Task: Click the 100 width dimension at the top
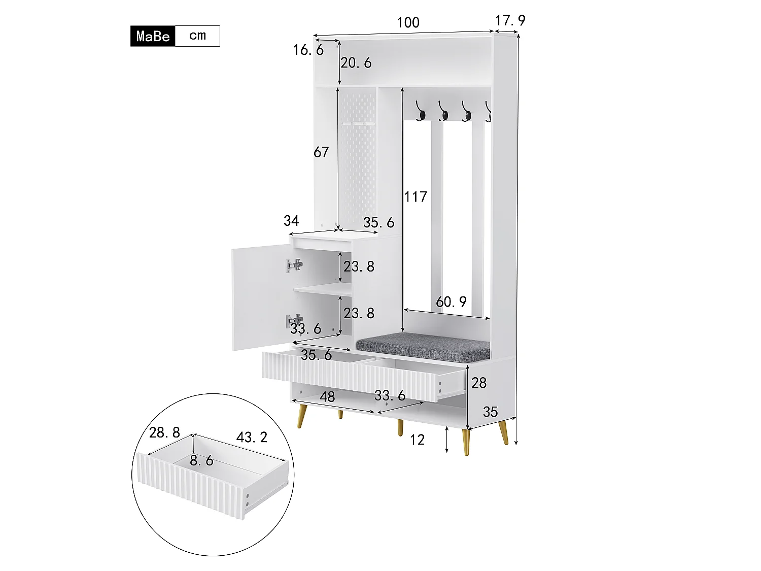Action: [408, 23]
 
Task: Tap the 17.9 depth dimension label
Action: [510, 21]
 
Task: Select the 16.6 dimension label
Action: [308, 50]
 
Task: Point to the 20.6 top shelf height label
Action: [356, 63]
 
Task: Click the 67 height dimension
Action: [321, 152]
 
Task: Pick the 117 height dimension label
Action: [416, 196]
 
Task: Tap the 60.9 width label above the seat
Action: [451, 302]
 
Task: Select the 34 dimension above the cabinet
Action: [291, 221]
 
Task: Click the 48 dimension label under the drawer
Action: [327, 396]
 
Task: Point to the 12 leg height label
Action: [417, 440]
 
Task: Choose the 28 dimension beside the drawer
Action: [479, 383]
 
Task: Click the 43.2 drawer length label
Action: [252, 437]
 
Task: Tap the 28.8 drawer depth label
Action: [164, 432]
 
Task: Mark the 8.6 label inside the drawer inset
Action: [201, 461]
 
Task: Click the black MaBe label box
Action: [153, 36]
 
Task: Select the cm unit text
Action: [197, 36]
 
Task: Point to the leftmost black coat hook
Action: [421, 112]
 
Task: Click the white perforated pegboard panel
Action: [358, 157]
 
